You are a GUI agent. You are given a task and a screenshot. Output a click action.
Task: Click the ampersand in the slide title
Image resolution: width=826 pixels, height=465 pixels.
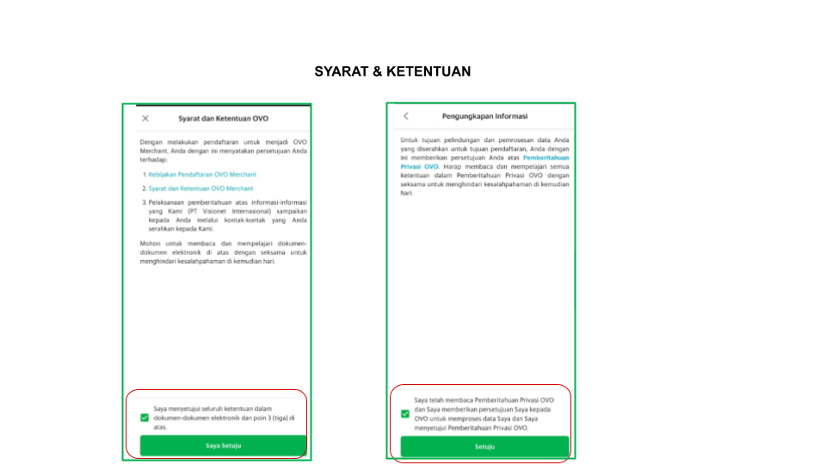pos(378,71)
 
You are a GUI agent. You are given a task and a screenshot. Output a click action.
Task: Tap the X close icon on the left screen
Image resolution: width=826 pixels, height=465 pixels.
pos(145,118)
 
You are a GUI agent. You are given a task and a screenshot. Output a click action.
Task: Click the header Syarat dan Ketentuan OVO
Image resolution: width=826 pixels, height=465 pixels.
pos(223,118)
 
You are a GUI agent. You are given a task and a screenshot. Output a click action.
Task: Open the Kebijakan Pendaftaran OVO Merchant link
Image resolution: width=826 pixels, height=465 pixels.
pos(202,175)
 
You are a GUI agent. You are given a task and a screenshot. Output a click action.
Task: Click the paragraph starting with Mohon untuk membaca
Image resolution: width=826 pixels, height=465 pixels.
pos(223,252)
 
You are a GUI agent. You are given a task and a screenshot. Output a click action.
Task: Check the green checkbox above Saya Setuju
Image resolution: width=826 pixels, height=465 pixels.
pos(144,418)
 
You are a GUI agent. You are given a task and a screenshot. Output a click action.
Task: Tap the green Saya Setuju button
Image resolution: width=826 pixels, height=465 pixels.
pos(223,445)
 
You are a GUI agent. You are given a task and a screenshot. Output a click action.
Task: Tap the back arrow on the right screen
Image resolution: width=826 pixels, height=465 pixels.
pos(406,116)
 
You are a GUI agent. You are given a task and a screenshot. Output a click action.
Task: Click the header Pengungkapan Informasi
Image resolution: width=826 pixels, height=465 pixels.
pos(484,116)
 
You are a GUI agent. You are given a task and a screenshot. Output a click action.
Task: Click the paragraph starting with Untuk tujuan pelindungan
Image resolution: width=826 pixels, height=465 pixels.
pos(484,165)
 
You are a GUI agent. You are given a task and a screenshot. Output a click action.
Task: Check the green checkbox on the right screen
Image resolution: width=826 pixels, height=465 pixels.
pos(405,413)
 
